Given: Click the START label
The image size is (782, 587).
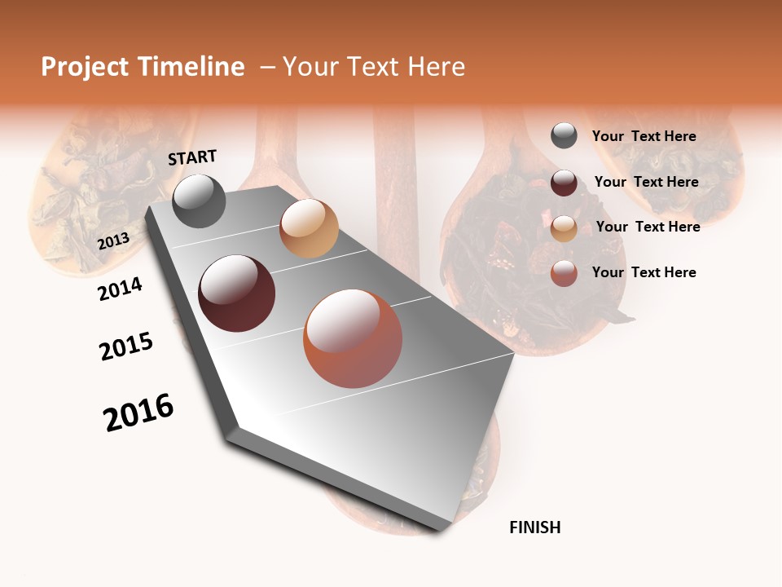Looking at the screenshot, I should (192, 157).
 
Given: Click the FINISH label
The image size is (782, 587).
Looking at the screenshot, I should (535, 527).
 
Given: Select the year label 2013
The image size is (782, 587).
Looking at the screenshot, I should (113, 241).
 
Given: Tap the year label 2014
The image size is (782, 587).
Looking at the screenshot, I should (120, 289).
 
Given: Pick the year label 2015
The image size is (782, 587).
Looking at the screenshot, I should (126, 346).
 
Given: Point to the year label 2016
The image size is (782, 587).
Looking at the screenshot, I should (138, 413).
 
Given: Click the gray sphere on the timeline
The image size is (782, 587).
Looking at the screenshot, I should (199, 201).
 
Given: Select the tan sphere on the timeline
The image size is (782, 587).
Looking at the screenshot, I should (309, 228).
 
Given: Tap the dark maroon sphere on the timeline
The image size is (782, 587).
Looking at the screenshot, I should (237, 293).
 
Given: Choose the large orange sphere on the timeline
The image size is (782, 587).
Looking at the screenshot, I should (353, 338).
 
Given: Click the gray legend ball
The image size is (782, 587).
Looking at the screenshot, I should (564, 136).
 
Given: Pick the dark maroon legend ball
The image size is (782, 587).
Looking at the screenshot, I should (564, 183).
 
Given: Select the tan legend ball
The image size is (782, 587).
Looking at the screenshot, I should (564, 228).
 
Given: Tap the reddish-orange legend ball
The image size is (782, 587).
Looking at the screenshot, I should (564, 273).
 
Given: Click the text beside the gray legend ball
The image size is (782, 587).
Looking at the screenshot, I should (644, 136).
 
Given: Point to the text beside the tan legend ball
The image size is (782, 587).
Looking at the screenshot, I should (648, 227).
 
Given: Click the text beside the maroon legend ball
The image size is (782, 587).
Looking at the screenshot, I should (646, 182).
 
